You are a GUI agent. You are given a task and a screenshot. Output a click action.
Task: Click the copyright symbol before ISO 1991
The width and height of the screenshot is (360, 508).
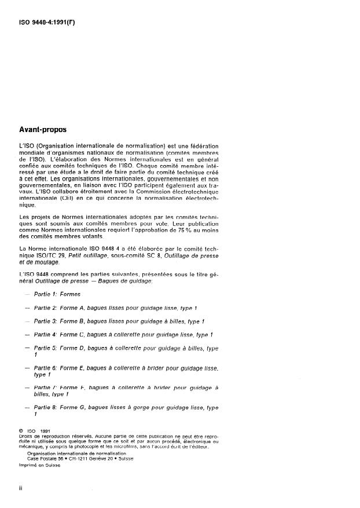point(21,431)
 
